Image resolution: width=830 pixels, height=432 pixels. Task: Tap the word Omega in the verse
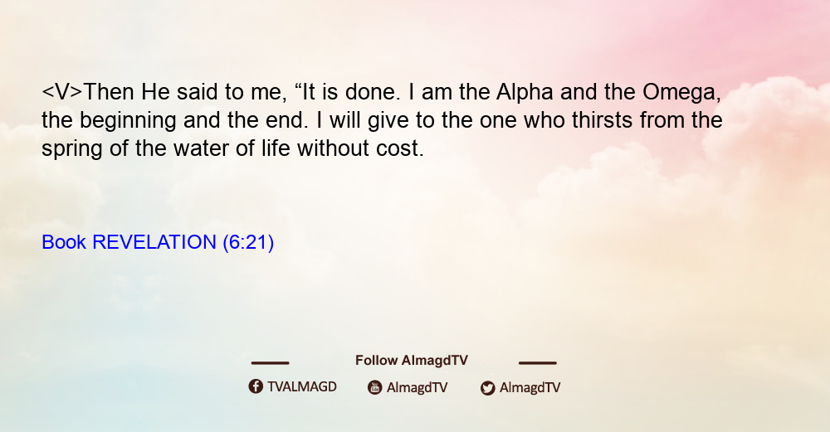[x=680, y=93]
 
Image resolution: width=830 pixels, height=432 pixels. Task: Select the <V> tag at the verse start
[x=62, y=92]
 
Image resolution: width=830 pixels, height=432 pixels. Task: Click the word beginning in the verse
[x=128, y=120]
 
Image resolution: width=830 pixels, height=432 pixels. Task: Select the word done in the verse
[x=370, y=92]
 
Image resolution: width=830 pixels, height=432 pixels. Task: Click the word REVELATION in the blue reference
[x=154, y=242]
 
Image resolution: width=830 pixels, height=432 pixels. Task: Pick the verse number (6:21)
[x=248, y=242]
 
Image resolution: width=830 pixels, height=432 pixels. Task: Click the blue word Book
[x=64, y=242]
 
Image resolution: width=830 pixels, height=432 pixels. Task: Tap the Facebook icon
[x=256, y=386]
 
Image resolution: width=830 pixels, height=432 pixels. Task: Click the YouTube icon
[x=375, y=387]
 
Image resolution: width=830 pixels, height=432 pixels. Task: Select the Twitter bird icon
[x=488, y=388]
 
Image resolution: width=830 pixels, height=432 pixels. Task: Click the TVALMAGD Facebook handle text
[x=302, y=386]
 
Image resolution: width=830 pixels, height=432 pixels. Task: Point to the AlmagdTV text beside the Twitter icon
[x=530, y=387]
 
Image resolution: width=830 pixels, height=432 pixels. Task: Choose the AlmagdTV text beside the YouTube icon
[x=417, y=387]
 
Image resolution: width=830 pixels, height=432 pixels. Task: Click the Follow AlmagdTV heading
[x=412, y=361]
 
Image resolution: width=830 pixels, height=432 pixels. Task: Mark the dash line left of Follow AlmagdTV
[x=270, y=363]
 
